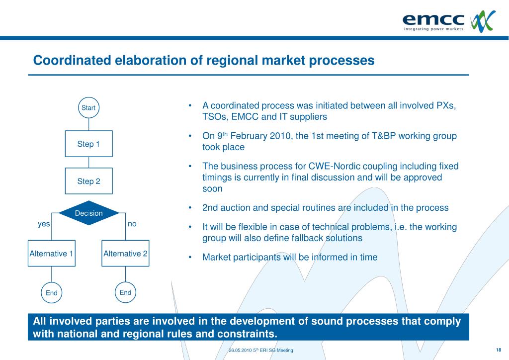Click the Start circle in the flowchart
coord(88,107)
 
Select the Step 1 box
coord(88,144)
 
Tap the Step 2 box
coord(88,181)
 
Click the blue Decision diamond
coord(88,213)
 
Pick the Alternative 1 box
coord(51,254)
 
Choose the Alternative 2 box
coord(125,254)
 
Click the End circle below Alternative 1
coord(52,293)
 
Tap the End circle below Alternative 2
coord(125,292)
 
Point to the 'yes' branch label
coord(44,224)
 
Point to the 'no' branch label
coord(132,224)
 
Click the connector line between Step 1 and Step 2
coord(88,163)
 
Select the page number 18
coord(498,350)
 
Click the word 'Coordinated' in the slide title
coord(72,60)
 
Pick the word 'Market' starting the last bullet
coord(215,257)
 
